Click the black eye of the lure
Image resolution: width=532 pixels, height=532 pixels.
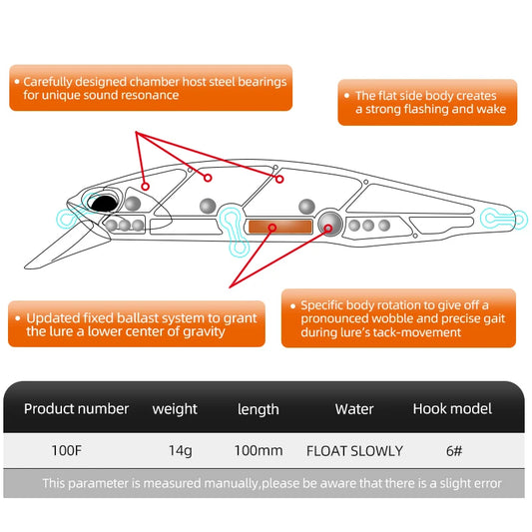coord(104,203)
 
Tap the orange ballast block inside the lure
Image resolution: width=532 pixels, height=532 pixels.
coord(277,228)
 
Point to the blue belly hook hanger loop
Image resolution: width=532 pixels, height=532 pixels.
coord(234,222)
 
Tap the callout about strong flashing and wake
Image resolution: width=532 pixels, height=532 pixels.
coord(427,103)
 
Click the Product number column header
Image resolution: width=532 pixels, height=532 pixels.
coord(77,408)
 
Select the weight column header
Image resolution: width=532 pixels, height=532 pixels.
coord(175,409)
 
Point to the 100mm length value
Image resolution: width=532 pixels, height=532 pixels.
coord(258,450)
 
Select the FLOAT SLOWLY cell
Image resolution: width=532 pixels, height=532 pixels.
coord(354,450)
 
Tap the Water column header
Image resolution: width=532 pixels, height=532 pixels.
coord(354,408)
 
